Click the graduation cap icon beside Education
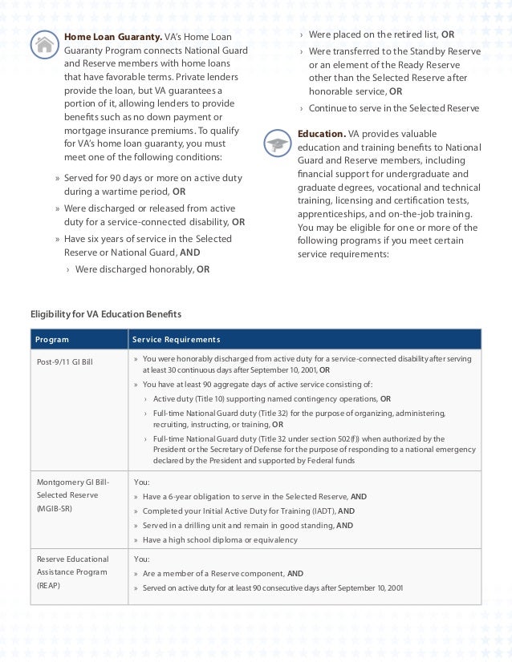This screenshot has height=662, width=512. pos(278,143)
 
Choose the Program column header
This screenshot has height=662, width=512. pos(52,340)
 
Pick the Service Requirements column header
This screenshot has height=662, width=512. pos(176,340)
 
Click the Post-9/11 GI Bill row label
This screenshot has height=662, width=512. pos(65,362)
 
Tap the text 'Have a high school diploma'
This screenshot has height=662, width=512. pos(197,540)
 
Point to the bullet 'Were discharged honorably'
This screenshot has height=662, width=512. pos(135,269)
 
